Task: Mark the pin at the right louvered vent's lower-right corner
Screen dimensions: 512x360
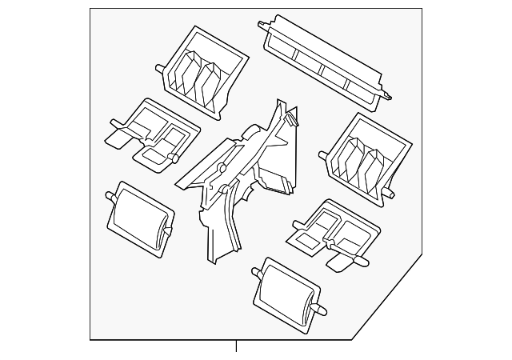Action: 390,193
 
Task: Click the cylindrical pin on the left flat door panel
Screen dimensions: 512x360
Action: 173,158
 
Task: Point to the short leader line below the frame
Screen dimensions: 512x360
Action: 236,346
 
